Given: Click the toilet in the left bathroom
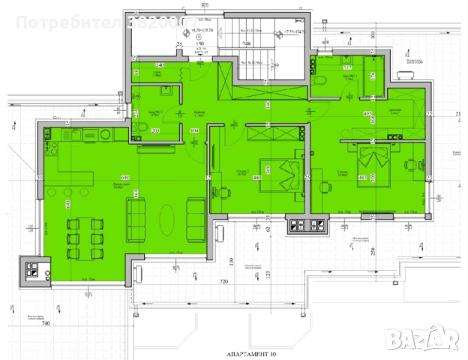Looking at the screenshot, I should tap(140, 127).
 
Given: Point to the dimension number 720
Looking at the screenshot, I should tap(223, 280).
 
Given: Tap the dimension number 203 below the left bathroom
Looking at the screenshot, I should tap(155, 131).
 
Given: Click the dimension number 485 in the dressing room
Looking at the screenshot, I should tap(368, 114).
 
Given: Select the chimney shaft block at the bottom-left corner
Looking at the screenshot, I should tap(34, 271).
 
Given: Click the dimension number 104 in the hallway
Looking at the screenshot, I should tap(194, 130).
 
